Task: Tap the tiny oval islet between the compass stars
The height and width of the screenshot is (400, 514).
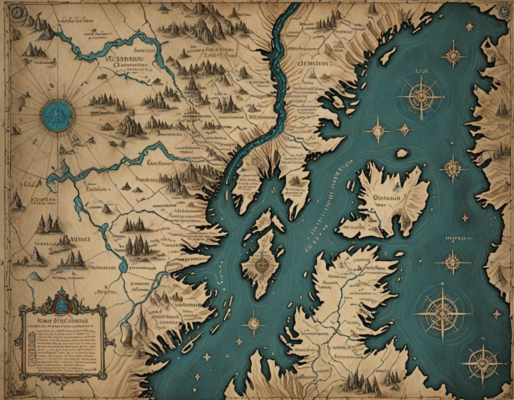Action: [402, 153]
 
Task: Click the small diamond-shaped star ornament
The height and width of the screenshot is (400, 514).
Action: [405, 130]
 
